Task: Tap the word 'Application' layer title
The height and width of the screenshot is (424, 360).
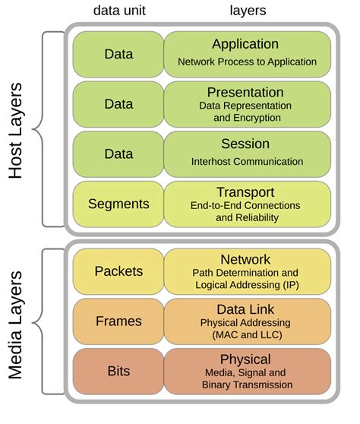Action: pos(245,44)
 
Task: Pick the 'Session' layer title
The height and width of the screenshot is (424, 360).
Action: pos(245,144)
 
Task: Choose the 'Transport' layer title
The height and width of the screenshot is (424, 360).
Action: pos(245,192)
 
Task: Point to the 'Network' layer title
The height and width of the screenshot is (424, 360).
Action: pos(245,260)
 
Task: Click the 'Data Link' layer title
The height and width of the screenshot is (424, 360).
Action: pos(245,309)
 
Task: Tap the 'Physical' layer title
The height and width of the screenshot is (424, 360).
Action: pos(245,359)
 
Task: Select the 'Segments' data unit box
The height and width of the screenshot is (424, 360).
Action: pos(118,204)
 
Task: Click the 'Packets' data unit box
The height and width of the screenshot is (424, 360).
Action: pos(118,271)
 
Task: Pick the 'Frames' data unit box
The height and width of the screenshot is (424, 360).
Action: pos(118,321)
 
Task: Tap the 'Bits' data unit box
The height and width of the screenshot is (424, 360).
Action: pos(118,371)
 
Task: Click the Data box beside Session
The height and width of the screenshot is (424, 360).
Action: pos(118,153)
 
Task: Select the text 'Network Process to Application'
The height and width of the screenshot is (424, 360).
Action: pos(246,61)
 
